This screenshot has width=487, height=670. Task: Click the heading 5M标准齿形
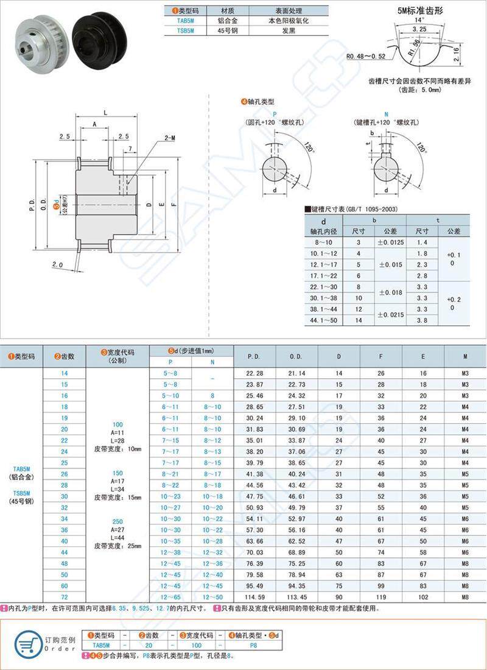tap(420, 10)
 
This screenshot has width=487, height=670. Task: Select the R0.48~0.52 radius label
tap(365, 57)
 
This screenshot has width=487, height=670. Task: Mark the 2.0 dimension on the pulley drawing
tap(58, 265)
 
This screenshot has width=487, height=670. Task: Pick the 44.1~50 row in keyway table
tap(323, 319)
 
